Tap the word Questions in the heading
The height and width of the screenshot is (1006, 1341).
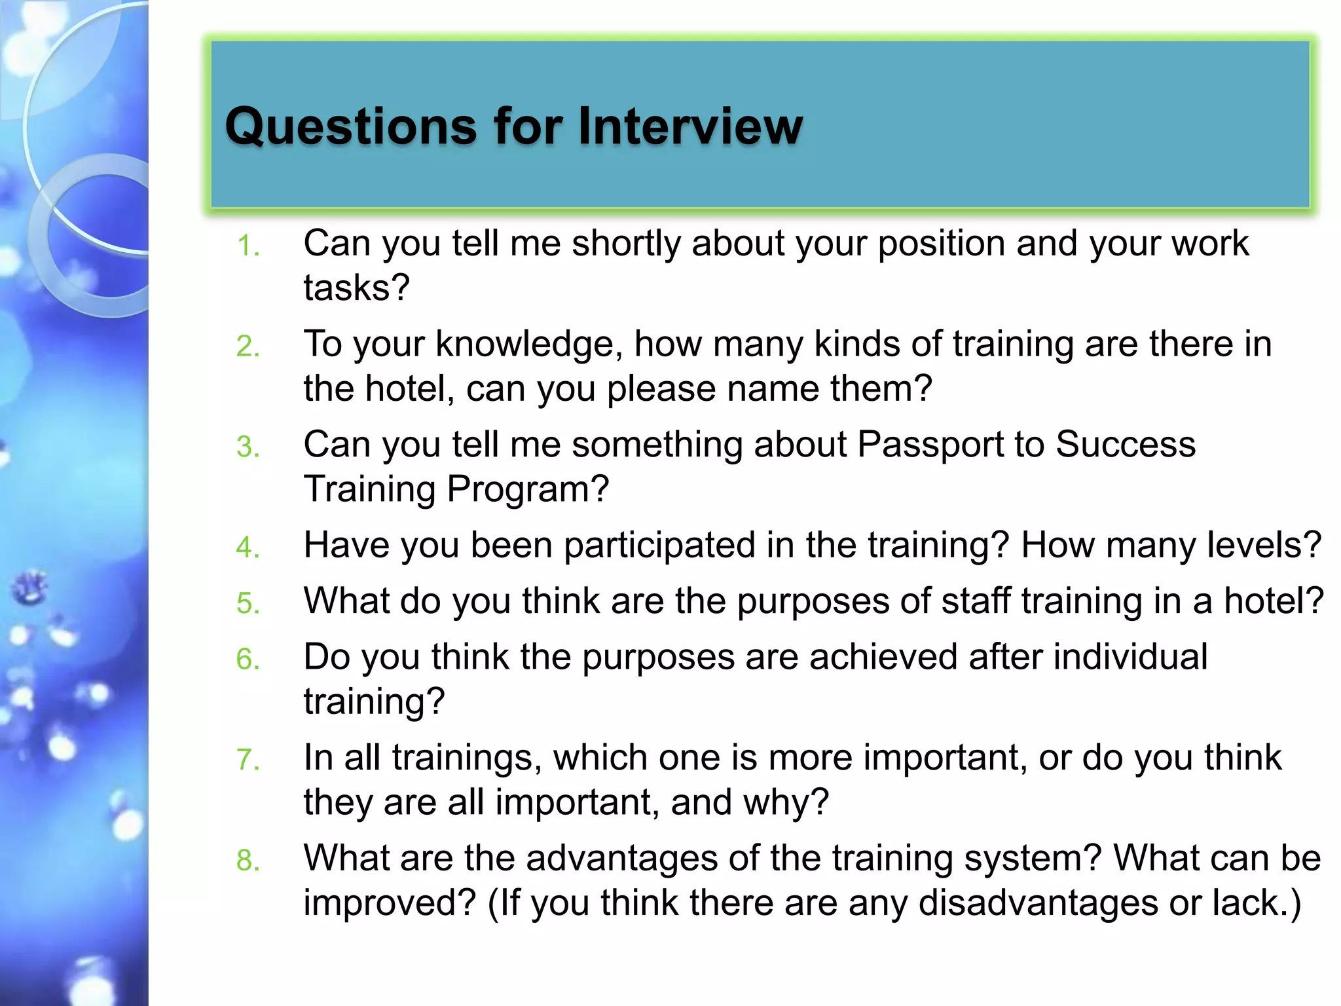point(351,126)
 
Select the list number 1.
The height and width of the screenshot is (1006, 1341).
point(248,246)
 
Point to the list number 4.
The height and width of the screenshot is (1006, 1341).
point(248,548)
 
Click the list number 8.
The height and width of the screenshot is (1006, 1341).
point(248,861)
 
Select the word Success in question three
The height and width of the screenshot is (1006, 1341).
point(1126,445)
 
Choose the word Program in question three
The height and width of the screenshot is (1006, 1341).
point(528,489)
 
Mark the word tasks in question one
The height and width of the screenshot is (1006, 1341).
point(356,288)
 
